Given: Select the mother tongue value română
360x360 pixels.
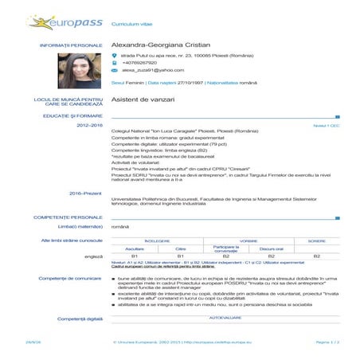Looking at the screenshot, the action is pyautogui.click(x=120, y=227).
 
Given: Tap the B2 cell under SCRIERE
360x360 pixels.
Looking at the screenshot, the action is pyautogui.click(x=316, y=256).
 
